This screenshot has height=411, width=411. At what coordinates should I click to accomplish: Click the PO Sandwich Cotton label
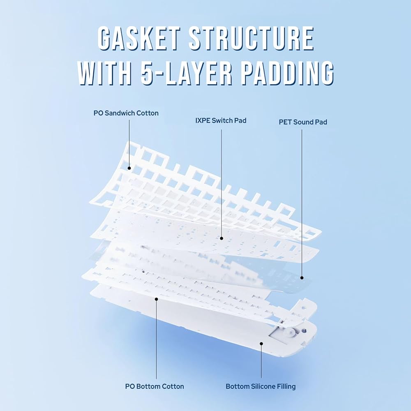[x=126, y=113]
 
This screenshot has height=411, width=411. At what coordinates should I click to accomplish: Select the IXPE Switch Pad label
[x=221, y=121]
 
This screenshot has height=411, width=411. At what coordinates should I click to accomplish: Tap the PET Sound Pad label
[x=303, y=122]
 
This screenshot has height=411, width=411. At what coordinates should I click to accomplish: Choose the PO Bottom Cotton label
[x=155, y=386]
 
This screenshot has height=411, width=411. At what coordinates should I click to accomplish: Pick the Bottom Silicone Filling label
[x=261, y=386]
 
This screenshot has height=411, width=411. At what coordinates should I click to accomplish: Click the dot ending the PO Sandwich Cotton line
[x=129, y=168]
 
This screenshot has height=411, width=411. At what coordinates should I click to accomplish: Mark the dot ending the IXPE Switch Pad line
[x=222, y=238]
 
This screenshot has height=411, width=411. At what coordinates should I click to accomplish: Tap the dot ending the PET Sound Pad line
[x=302, y=277]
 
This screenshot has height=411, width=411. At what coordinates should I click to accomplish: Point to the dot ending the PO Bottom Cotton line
[x=156, y=299]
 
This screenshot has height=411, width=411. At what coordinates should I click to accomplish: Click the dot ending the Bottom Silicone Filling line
[x=261, y=342]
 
